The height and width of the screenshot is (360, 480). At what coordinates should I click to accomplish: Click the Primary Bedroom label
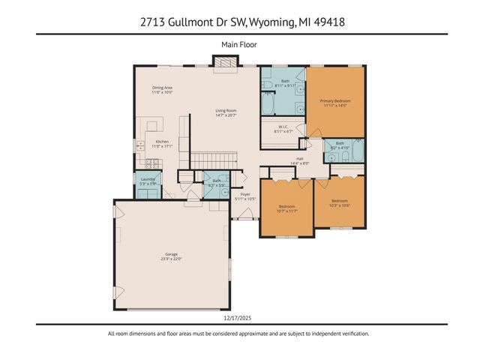(x=335, y=100)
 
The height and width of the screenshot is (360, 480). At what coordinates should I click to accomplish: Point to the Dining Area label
(x=163, y=88)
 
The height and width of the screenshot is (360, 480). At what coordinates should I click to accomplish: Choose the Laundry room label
(x=148, y=179)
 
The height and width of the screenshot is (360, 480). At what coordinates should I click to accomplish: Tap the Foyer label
(x=244, y=193)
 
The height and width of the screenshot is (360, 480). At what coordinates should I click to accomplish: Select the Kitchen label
(x=162, y=142)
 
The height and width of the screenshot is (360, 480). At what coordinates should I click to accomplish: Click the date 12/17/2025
(x=239, y=318)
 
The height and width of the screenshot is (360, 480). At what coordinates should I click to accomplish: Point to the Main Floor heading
(x=239, y=44)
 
